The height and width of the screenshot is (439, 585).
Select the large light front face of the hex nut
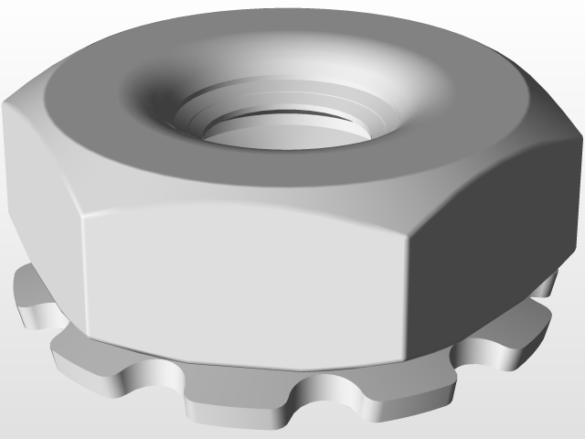pyautogui.click(x=247, y=274)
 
